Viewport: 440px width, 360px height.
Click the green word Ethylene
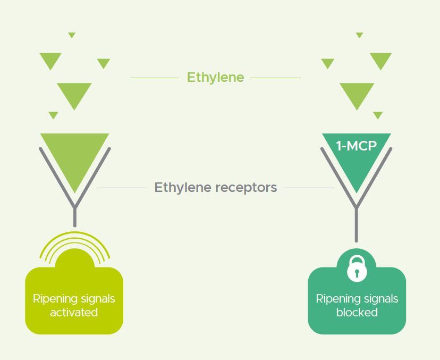(x=215, y=78)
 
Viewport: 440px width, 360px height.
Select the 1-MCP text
(x=356, y=146)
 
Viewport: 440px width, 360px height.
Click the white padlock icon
(x=357, y=269)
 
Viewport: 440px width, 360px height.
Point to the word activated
(x=74, y=312)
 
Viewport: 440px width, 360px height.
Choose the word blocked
(x=357, y=312)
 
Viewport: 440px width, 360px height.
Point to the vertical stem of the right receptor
(x=357, y=226)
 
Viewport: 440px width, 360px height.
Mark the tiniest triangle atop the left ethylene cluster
(x=72, y=35)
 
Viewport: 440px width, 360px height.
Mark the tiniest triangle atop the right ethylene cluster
(x=359, y=35)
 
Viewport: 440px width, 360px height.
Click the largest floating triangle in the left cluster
(x=74, y=94)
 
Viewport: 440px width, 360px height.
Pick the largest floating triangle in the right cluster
(x=357, y=94)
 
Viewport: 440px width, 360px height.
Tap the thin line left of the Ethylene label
(x=154, y=78)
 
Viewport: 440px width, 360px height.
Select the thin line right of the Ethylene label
(x=275, y=78)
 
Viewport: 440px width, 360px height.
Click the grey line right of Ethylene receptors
(x=308, y=188)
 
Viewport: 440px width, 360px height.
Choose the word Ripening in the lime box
(x=52, y=298)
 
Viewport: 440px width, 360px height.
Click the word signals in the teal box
(x=379, y=298)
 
